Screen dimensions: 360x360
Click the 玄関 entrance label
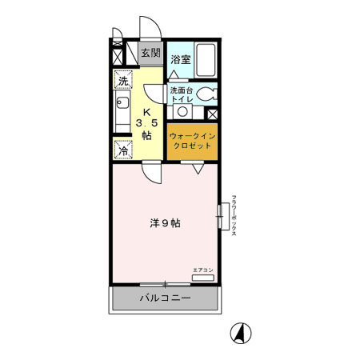150,54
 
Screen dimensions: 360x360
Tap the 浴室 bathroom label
180,59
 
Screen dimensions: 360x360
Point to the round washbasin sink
182,110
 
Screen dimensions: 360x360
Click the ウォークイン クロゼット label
191,142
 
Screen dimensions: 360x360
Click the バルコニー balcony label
165,298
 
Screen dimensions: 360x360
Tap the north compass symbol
238,332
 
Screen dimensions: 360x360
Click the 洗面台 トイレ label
181,94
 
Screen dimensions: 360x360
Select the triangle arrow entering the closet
195,168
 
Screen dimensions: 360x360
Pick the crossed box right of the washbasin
212,114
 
